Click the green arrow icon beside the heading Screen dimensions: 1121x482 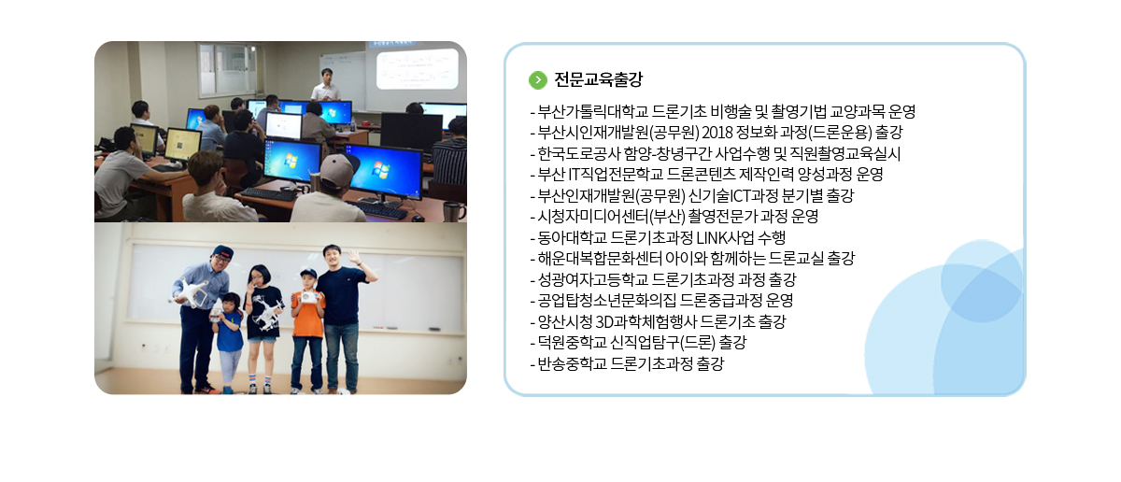tap(538, 80)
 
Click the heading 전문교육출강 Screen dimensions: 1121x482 tap(598, 79)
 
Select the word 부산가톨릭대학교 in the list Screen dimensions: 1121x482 tap(592, 111)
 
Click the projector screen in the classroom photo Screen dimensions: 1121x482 tap(417, 68)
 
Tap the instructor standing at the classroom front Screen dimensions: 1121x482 tap(326, 85)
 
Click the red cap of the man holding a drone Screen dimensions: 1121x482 tap(221, 251)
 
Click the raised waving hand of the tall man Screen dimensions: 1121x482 tap(354, 257)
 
